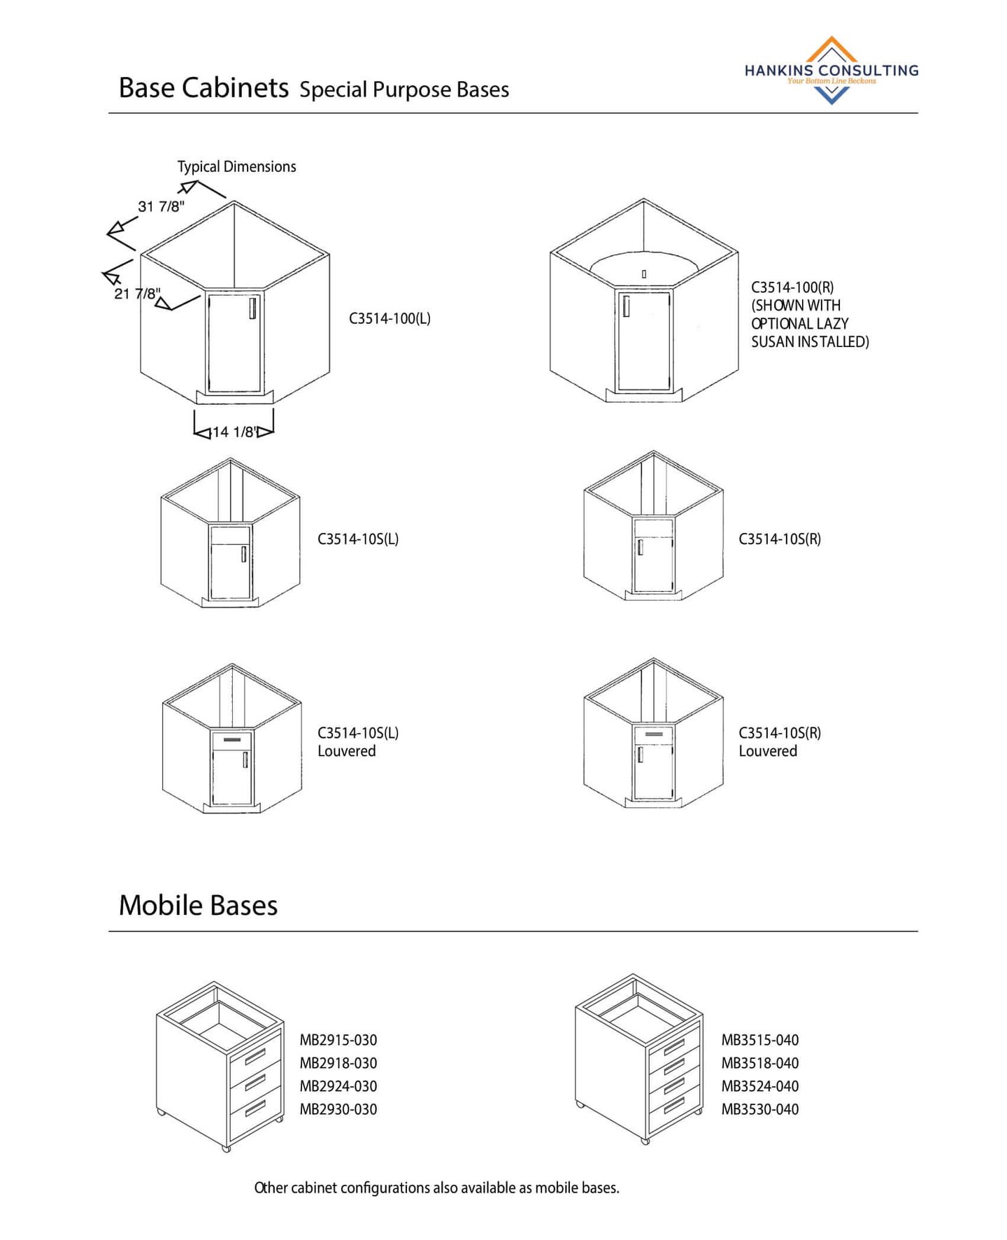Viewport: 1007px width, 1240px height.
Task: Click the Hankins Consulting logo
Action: click(831, 71)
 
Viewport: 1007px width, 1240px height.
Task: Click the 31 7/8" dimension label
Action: click(161, 206)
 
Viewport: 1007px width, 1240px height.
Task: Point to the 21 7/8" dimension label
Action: click(137, 294)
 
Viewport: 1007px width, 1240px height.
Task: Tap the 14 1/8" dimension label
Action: click(234, 432)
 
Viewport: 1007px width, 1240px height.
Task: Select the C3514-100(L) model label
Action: click(390, 319)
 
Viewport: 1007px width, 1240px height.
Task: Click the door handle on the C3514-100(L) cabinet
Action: click(252, 307)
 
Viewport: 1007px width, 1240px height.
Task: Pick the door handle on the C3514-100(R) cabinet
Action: click(626, 306)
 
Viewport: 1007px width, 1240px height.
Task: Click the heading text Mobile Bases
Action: click(198, 905)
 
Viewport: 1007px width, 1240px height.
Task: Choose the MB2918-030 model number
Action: click(338, 1063)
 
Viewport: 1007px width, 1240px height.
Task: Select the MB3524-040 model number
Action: click(760, 1086)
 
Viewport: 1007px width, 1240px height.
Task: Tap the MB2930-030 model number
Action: click(338, 1109)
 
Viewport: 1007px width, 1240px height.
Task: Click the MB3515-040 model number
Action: click(760, 1040)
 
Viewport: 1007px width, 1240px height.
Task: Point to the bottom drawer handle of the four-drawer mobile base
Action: click(674, 1106)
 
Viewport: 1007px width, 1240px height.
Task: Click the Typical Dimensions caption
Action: click(236, 166)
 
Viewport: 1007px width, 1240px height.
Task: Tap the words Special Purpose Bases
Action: click(404, 90)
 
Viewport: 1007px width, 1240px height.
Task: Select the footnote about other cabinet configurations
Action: click(436, 1188)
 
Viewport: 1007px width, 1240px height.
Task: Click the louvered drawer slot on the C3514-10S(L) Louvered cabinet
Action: click(231, 739)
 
